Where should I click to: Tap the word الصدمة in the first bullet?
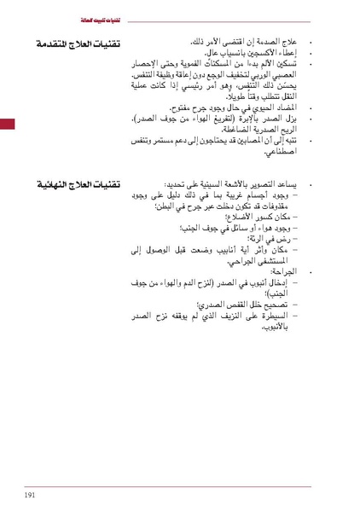(270, 40)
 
